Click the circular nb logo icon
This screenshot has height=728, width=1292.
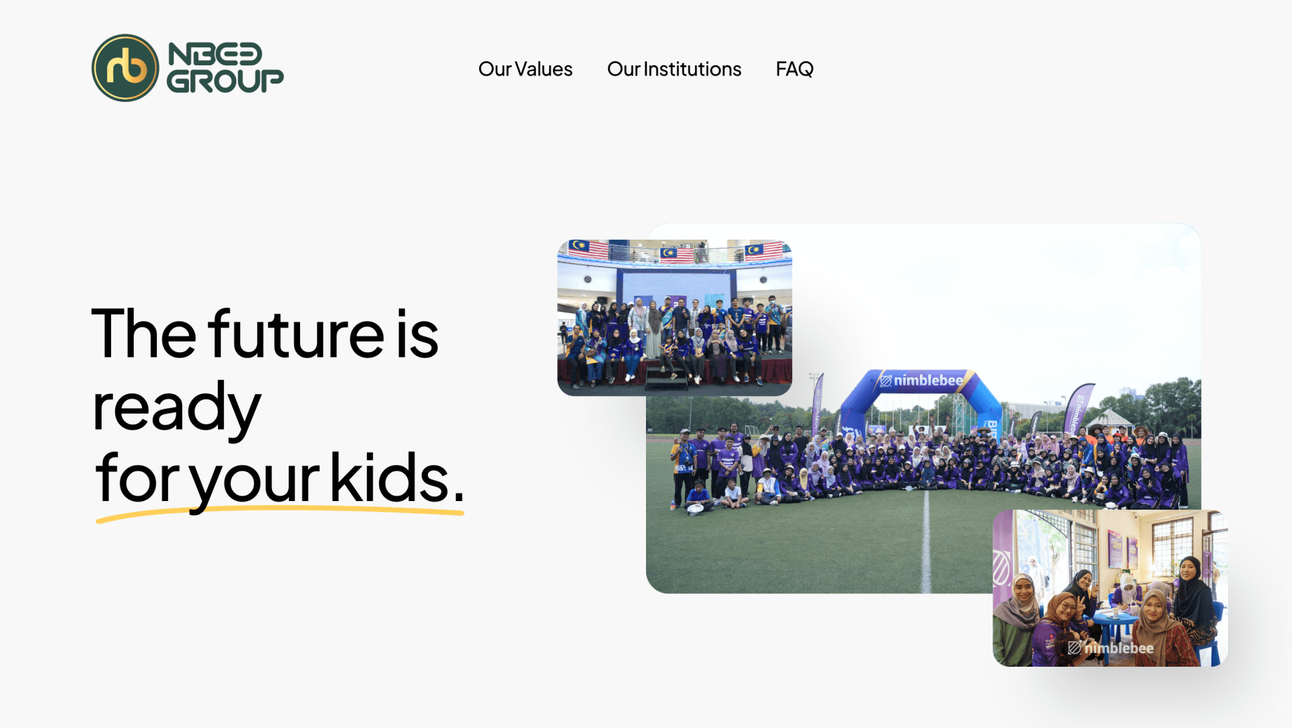125,68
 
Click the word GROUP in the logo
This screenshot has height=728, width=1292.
225,81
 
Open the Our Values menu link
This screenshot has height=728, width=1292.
525,69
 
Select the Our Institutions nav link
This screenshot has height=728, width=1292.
674,69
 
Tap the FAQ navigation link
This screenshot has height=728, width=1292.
794,69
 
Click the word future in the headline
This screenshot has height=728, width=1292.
296,334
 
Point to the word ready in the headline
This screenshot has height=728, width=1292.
176,407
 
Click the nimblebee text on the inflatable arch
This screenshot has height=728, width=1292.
927,380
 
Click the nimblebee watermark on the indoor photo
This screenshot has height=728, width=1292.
1111,648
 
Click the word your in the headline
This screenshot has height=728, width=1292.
254,479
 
